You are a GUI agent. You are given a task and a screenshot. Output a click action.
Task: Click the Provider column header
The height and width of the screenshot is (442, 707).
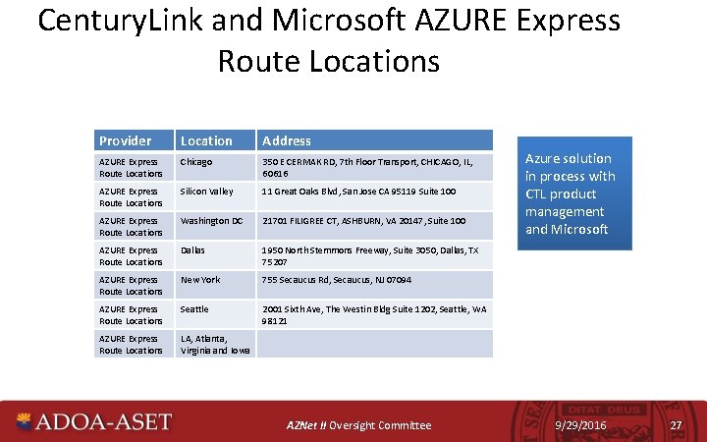tap(125, 140)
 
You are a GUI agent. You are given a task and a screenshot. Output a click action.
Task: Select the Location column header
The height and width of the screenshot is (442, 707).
tap(206, 140)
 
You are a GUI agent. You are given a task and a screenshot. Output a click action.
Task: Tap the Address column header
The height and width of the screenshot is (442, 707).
tap(287, 140)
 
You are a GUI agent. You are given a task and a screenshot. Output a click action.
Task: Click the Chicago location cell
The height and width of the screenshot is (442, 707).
tap(196, 162)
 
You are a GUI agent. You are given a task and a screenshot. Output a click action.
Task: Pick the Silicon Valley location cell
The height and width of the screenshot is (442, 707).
tap(206, 192)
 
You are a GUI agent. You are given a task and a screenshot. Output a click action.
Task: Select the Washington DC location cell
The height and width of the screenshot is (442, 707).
tap(211, 221)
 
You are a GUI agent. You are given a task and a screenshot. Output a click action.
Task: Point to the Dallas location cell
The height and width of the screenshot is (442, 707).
tap(192, 250)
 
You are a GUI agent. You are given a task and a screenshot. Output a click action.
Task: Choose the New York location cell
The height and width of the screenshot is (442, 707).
tap(200, 280)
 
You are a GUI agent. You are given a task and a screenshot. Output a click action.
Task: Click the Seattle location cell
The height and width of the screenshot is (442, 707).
tap(194, 309)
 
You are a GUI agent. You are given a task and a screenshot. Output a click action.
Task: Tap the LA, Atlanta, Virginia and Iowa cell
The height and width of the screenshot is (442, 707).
tap(215, 344)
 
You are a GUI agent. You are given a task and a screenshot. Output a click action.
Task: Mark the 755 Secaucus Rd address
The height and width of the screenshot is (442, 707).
tap(336, 280)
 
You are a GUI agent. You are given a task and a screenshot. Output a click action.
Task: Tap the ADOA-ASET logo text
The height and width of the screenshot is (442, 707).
tap(103, 422)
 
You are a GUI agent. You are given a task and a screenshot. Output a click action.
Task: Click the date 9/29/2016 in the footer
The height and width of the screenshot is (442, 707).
tap(581, 424)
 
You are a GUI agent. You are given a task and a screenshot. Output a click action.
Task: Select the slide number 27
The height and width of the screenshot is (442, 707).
tap(675, 424)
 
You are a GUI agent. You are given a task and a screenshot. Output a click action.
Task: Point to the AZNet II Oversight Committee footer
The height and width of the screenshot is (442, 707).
tap(358, 425)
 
